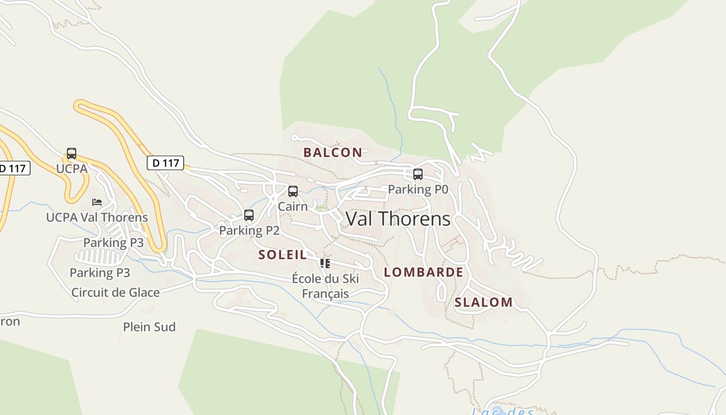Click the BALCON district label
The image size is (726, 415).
coord(333,153)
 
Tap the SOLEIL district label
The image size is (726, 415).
coord(283,255)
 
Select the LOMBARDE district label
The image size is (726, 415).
coord(424,272)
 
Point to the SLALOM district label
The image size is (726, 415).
coord(484,302)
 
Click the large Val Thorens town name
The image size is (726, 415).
coord(398,219)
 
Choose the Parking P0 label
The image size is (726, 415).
coord(418,189)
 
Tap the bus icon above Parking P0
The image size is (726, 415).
coord(418,174)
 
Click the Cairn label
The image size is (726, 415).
coord(293,206)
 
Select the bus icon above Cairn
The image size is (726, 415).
coord(293,191)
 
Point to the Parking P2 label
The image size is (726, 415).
coord(249,230)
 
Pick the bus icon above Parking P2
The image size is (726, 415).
coord(249,215)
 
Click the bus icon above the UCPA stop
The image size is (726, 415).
coord(72,154)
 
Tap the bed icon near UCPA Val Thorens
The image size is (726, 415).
coord(97,202)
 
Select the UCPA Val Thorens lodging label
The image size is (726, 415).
coord(97,217)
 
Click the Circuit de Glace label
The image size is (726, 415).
coord(116,293)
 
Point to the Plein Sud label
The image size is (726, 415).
coord(149,327)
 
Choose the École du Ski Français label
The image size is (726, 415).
coord(326,286)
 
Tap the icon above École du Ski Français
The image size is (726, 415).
coord(325,264)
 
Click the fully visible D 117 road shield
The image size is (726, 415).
coord(166,163)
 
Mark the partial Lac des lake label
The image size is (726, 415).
coord(503,411)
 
